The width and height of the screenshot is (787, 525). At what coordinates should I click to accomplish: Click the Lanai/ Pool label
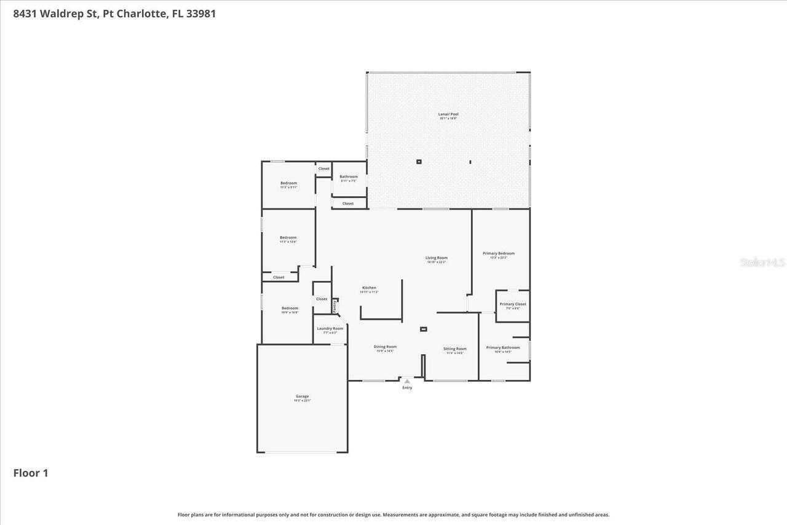click(x=448, y=114)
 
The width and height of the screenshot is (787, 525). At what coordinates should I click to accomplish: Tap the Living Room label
click(x=437, y=258)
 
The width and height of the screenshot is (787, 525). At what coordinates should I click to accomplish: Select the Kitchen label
click(x=369, y=288)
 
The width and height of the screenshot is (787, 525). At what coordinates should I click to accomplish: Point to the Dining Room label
click(x=385, y=347)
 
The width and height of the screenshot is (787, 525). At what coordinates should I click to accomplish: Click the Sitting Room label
click(x=455, y=349)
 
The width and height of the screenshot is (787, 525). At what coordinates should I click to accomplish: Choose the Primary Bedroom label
click(x=498, y=253)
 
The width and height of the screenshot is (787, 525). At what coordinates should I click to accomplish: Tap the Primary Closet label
click(x=513, y=304)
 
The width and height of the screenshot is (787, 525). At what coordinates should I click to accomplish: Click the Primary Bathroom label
click(x=503, y=348)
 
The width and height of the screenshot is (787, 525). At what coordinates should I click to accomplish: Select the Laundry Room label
click(x=330, y=329)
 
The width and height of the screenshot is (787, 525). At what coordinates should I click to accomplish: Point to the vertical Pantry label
click(x=334, y=305)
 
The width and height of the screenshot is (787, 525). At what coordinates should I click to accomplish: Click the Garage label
click(x=302, y=397)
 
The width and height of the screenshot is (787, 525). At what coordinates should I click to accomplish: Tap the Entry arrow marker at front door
click(x=407, y=381)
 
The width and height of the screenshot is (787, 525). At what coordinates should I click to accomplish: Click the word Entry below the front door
click(x=407, y=388)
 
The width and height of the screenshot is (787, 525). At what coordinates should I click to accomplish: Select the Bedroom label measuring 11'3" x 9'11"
click(x=288, y=183)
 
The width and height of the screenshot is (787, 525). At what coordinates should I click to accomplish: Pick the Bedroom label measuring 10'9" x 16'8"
click(x=290, y=309)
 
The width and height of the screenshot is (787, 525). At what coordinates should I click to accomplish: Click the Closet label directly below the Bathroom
click(x=348, y=203)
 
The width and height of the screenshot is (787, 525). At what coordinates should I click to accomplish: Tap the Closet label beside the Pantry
click(x=322, y=299)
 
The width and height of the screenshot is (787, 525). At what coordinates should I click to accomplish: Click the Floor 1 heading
click(x=31, y=473)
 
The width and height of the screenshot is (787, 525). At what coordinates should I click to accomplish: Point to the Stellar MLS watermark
click(x=762, y=262)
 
